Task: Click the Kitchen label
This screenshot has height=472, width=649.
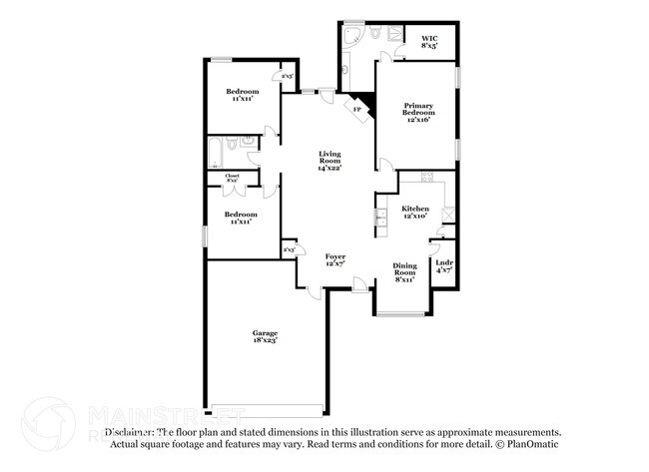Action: coord(416,209)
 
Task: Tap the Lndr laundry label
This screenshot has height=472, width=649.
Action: coord(444,263)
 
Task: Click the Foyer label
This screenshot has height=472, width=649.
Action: coord(335,257)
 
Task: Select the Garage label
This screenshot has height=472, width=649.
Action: coord(265,332)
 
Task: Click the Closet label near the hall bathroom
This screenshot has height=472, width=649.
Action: coord(232,177)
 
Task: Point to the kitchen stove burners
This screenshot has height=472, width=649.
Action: coord(448,213)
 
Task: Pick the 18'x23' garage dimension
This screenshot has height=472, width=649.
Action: coord(265,340)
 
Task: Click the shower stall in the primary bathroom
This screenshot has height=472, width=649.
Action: coord(345,75)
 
